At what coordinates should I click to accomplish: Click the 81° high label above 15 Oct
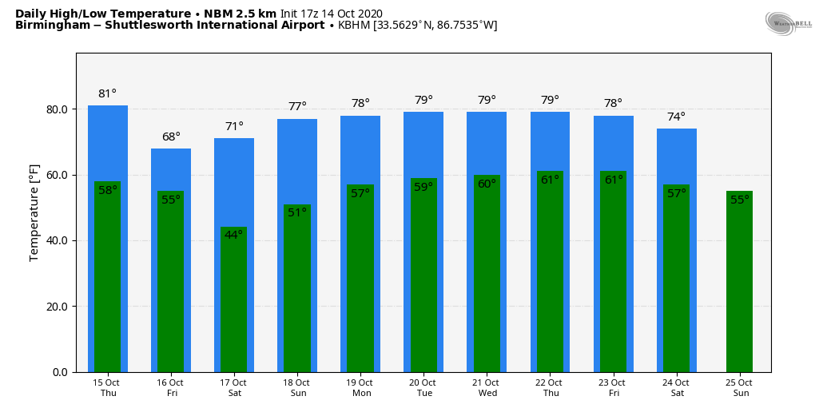pos(107,94)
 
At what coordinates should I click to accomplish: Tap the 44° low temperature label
pos(233,236)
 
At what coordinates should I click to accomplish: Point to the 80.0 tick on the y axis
pos(58,109)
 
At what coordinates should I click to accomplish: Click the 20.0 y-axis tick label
pos(58,307)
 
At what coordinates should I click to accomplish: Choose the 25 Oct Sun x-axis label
pos(740,388)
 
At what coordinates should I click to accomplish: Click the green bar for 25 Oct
pos(739,287)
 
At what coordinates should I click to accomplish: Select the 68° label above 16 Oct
pos(171,137)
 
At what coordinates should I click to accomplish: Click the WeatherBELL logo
pos(788,24)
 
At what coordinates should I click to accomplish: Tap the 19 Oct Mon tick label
pos(360,388)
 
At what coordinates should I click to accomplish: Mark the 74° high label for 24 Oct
pos(676,117)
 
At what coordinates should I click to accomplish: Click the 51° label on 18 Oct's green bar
pos(297,213)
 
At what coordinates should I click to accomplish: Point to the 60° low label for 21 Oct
pos(487,184)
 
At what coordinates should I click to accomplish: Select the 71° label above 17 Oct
pos(234,127)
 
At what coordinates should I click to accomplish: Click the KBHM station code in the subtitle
pos(354,26)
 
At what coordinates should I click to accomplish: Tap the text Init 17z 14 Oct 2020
pos(331,14)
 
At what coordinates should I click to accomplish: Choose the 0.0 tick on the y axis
pos(61,372)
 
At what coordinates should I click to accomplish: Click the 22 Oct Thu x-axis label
pos(551,388)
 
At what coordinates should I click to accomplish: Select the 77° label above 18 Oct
pos(297,107)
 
